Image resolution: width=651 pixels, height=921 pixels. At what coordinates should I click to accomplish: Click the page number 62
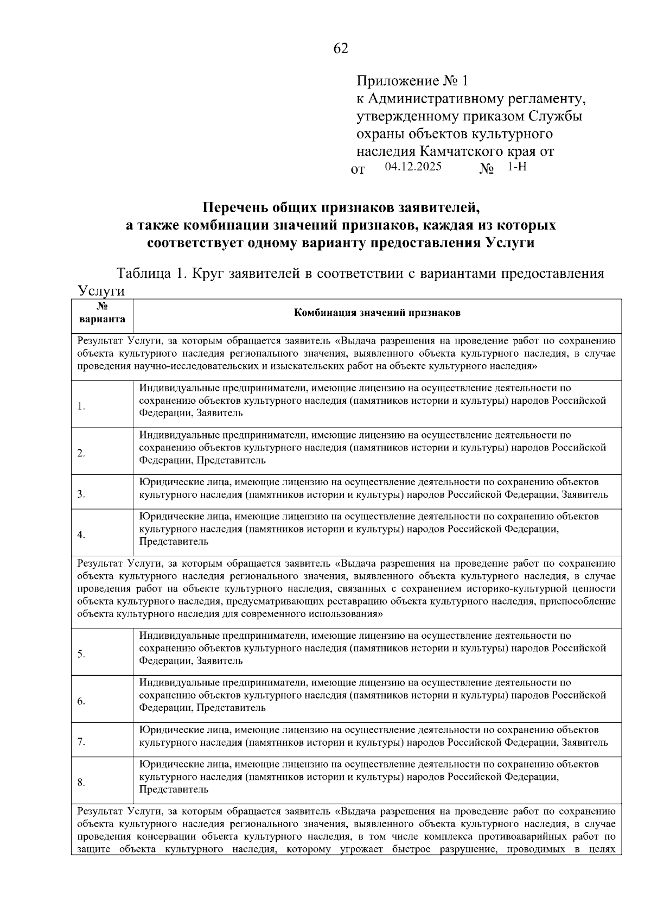point(340,49)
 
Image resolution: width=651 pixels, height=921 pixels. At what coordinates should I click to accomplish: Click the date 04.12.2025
point(413,167)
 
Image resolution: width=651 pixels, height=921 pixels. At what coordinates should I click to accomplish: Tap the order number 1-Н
point(516,167)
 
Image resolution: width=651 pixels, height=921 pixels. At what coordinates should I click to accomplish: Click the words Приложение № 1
point(412,81)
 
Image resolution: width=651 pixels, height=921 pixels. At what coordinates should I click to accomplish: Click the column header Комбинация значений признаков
point(377,313)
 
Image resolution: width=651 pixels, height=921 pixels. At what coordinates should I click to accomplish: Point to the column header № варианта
point(102,313)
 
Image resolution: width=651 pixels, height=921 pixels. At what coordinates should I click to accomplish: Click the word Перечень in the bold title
point(237,207)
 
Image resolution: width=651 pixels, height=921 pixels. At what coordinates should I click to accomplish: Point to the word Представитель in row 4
point(174,542)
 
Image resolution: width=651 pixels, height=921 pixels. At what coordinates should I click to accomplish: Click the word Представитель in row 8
point(174,790)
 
